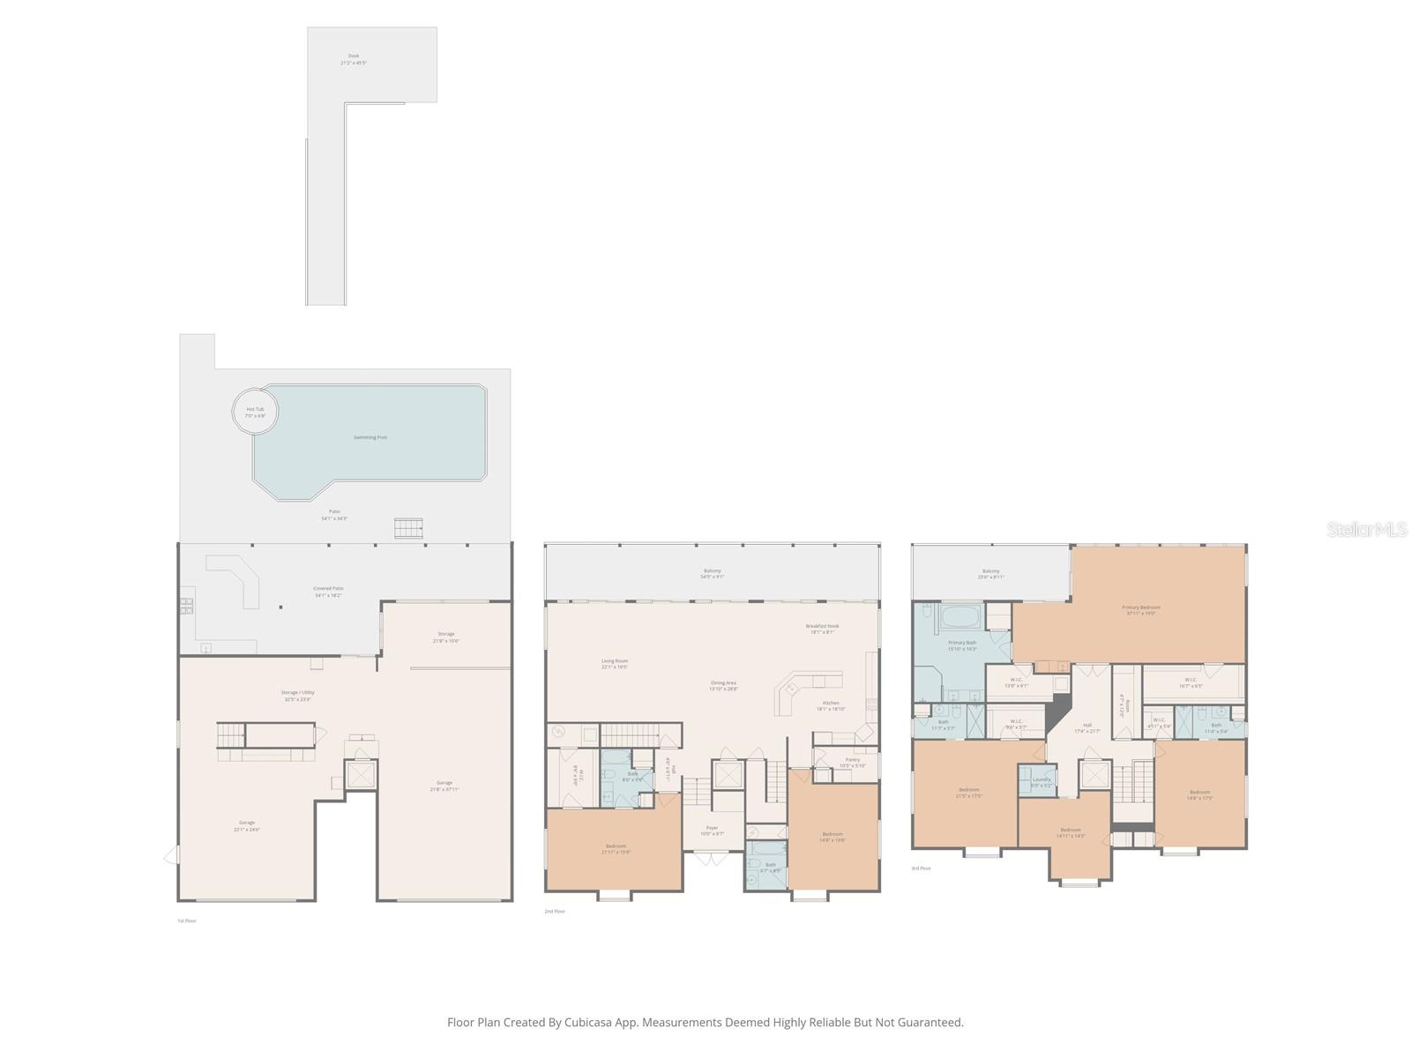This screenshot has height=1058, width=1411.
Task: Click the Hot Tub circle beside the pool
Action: point(255,411)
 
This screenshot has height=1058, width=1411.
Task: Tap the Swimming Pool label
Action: point(370,437)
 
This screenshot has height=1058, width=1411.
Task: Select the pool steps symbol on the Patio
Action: point(408,528)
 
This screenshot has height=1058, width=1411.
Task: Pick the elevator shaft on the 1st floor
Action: point(362,775)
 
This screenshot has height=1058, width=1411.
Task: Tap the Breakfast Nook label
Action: point(822,627)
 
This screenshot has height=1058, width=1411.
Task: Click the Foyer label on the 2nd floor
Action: point(712,829)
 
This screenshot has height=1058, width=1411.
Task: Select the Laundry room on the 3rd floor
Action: point(1041,781)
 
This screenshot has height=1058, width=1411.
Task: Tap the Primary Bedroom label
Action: point(1140,608)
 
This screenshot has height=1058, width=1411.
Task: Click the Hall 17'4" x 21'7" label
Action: point(1086,726)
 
